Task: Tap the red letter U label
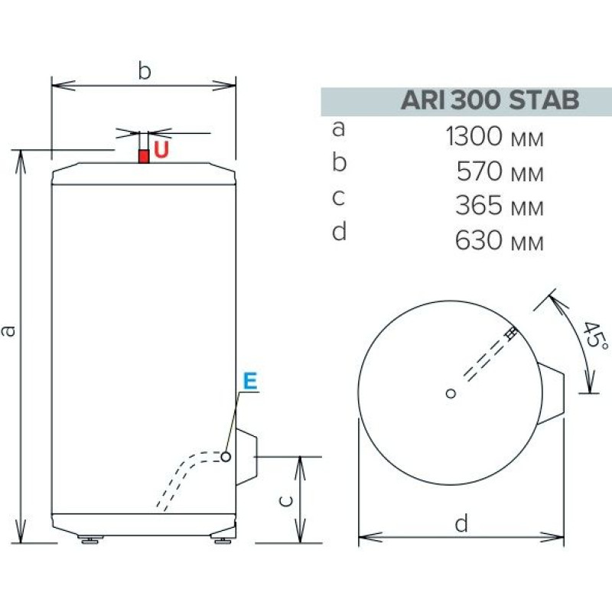pos(161,150)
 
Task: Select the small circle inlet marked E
pos(227,457)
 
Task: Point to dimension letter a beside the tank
pos(8,331)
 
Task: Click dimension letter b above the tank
pos(144,70)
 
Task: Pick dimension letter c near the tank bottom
pos(284,500)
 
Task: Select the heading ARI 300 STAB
pos(489,101)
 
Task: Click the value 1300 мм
pos(494,138)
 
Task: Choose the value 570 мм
pos(500,172)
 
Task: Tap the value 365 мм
pos(500,207)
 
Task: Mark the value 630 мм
pos(500,242)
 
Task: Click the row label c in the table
pos(339,198)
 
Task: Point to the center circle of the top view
pos(451,393)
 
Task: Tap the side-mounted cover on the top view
pos(554,392)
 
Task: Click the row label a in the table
pos(339,129)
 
